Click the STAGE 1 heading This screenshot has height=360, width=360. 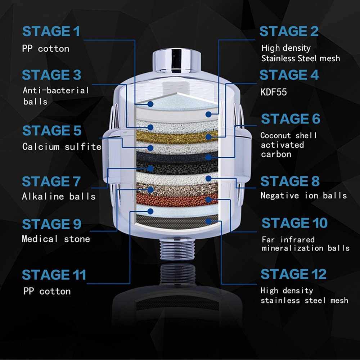click(51, 32)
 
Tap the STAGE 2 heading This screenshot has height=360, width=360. click(289, 32)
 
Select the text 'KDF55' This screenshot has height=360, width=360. click(274, 92)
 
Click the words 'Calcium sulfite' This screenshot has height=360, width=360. click(62, 147)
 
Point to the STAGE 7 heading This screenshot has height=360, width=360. click(51, 181)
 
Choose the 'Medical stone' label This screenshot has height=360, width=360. click(56, 239)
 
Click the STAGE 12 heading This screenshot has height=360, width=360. click(293, 274)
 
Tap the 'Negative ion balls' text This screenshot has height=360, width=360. click(303, 195)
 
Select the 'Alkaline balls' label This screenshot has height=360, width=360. click(59, 197)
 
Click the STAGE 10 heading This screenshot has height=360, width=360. click(294, 223)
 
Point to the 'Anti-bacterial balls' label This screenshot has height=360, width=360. click(55, 95)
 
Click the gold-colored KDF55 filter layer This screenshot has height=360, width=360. click(176, 137)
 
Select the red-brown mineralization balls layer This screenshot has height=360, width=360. click(176, 199)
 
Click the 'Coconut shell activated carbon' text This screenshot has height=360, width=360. click(288, 145)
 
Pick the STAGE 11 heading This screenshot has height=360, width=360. click(54, 275)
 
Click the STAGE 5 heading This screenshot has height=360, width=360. click(51, 131)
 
